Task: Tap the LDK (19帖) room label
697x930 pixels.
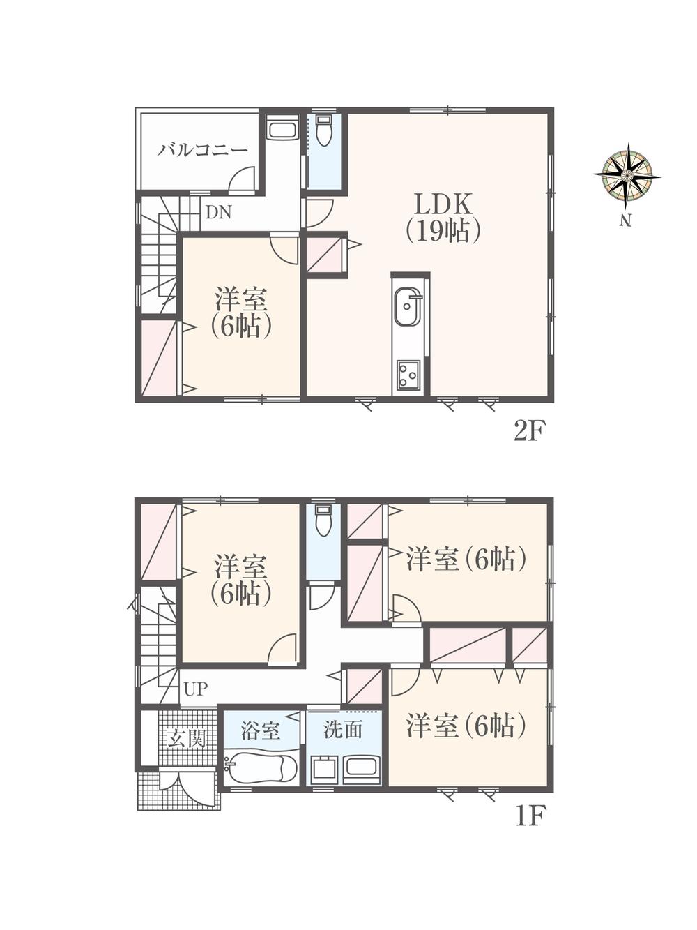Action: click(443, 217)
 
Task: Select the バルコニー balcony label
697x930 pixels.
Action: click(202, 149)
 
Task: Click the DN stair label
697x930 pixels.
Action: click(218, 213)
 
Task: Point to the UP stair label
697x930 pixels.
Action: click(196, 689)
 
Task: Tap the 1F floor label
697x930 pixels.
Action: click(529, 815)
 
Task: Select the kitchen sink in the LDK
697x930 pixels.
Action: click(408, 306)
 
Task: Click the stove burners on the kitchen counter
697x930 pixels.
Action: click(408, 375)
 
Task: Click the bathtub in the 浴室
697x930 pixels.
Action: click(261, 770)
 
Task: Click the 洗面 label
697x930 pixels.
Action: click(343, 730)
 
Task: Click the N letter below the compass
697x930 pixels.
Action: click(625, 222)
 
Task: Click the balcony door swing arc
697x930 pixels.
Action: click(242, 179)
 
